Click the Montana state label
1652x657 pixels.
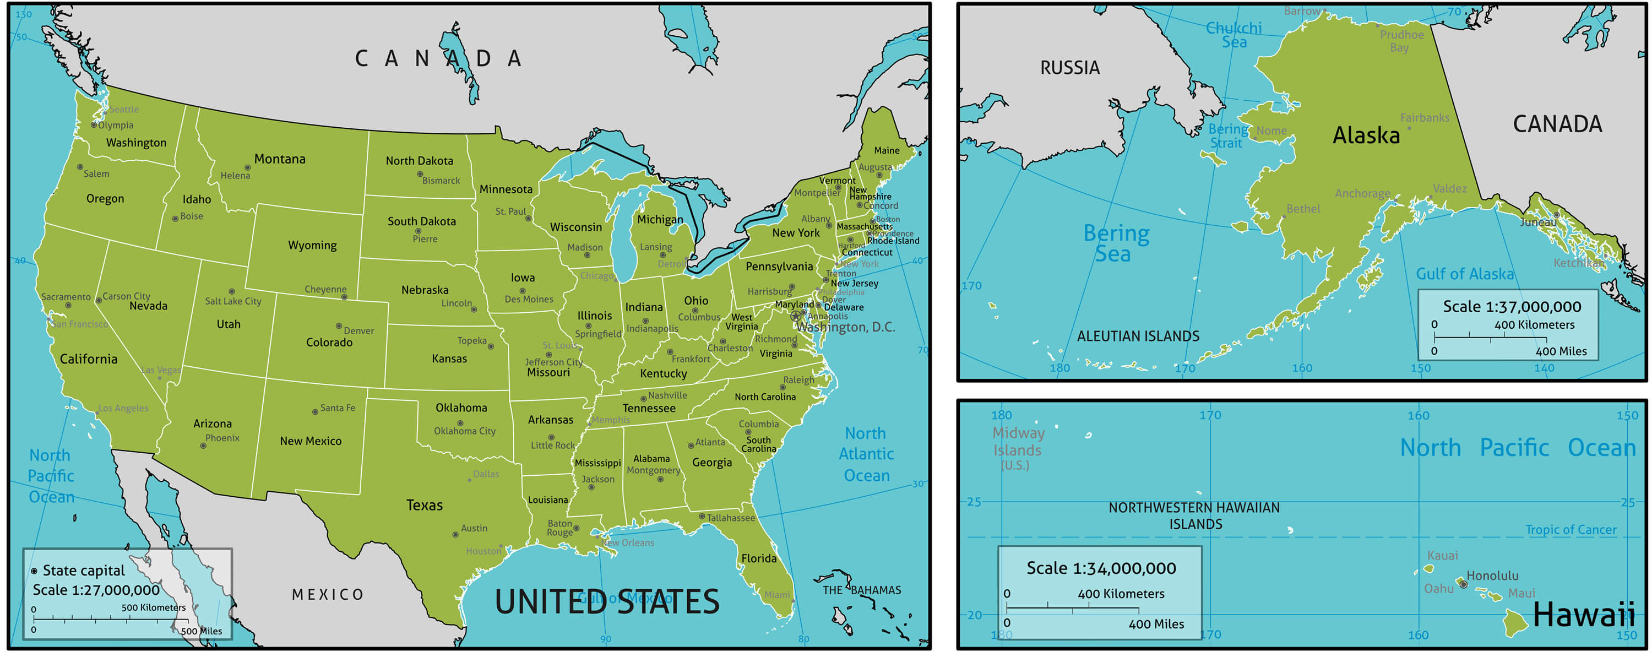coord(280,159)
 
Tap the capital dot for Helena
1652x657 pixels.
coord(248,167)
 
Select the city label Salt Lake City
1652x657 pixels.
coord(233,302)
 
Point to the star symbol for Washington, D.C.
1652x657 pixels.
coord(796,316)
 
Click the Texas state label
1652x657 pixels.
coord(424,506)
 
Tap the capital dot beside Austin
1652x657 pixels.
coord(455,534)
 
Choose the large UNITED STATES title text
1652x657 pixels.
coord(607,602)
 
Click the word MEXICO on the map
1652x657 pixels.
coord(328,595)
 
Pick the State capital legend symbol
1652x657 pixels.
coord(34,571)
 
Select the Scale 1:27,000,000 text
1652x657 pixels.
coord(96,590)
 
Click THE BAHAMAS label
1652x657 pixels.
coord(861,590)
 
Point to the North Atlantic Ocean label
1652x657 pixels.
coord(866,454)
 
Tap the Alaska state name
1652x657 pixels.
coord(1366,135)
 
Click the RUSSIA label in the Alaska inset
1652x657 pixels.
coord(1070,68)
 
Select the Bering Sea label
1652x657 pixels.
coord(1116,243)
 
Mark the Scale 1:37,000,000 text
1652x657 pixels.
coord(1512,307)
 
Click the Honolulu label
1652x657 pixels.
coord(1492,575)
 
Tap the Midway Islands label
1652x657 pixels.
coord(1018,442)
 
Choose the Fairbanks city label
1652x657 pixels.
coord(1425,118)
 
